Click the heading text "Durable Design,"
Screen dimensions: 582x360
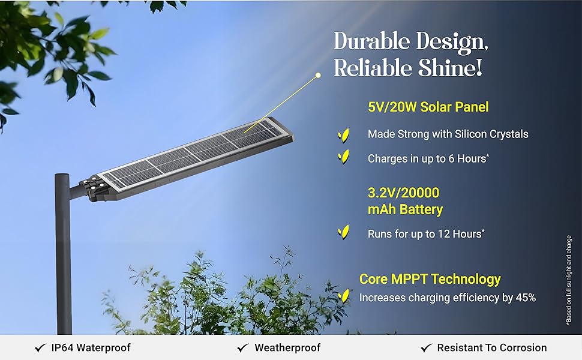point(410,41)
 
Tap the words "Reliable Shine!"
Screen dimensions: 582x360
point(407,67)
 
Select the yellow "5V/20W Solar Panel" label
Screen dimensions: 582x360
point(428,107)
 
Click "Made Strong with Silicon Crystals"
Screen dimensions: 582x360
point(448,134)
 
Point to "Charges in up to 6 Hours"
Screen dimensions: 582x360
point(428,158)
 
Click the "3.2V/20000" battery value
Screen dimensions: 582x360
point(403,193)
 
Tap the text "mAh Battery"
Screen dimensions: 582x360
point(406,209)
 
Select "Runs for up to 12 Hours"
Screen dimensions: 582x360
point(426,234)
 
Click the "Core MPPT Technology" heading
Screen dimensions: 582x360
point(430,279)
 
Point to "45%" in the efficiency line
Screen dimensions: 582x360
point(526,298)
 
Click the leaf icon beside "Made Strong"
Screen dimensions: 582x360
point(343,135)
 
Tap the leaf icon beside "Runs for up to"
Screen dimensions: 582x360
point(343,232)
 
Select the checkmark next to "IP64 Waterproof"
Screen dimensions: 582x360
point(40,348)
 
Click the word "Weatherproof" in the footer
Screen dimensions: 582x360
point(287,348)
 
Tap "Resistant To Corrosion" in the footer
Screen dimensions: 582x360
point(492,348)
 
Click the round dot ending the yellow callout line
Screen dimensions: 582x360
point(318,76)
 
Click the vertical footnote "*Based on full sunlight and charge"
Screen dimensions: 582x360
point(569,281)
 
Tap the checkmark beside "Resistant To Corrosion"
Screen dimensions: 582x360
point(427,348)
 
